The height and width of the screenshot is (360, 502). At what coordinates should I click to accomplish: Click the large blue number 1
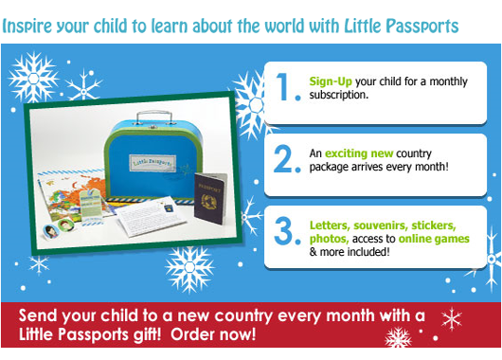tap(284, 87)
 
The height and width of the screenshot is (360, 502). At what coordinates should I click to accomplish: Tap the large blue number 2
tap(283, 159)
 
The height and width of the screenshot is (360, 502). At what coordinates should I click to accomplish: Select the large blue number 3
tap(283, 231)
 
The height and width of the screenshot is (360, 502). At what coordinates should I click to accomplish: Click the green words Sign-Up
tap(331, 82)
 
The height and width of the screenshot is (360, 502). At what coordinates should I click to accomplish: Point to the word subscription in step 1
tap(339, 95)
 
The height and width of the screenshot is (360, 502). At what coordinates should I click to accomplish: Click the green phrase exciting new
tap(359, 153)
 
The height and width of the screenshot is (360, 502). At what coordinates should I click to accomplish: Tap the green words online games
tap(434, 239)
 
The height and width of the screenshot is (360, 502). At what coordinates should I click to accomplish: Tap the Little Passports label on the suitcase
tap(152, 163)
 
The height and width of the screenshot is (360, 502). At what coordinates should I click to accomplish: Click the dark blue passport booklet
tap(210, 198)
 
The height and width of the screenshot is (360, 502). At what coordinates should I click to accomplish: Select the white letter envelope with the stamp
tap(152, 216)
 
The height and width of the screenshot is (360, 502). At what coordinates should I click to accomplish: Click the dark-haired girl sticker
tap(50, 231)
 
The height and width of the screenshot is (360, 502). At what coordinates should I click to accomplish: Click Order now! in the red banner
tap(213, 334)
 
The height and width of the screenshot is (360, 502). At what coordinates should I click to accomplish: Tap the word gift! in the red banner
tap(146, 335)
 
